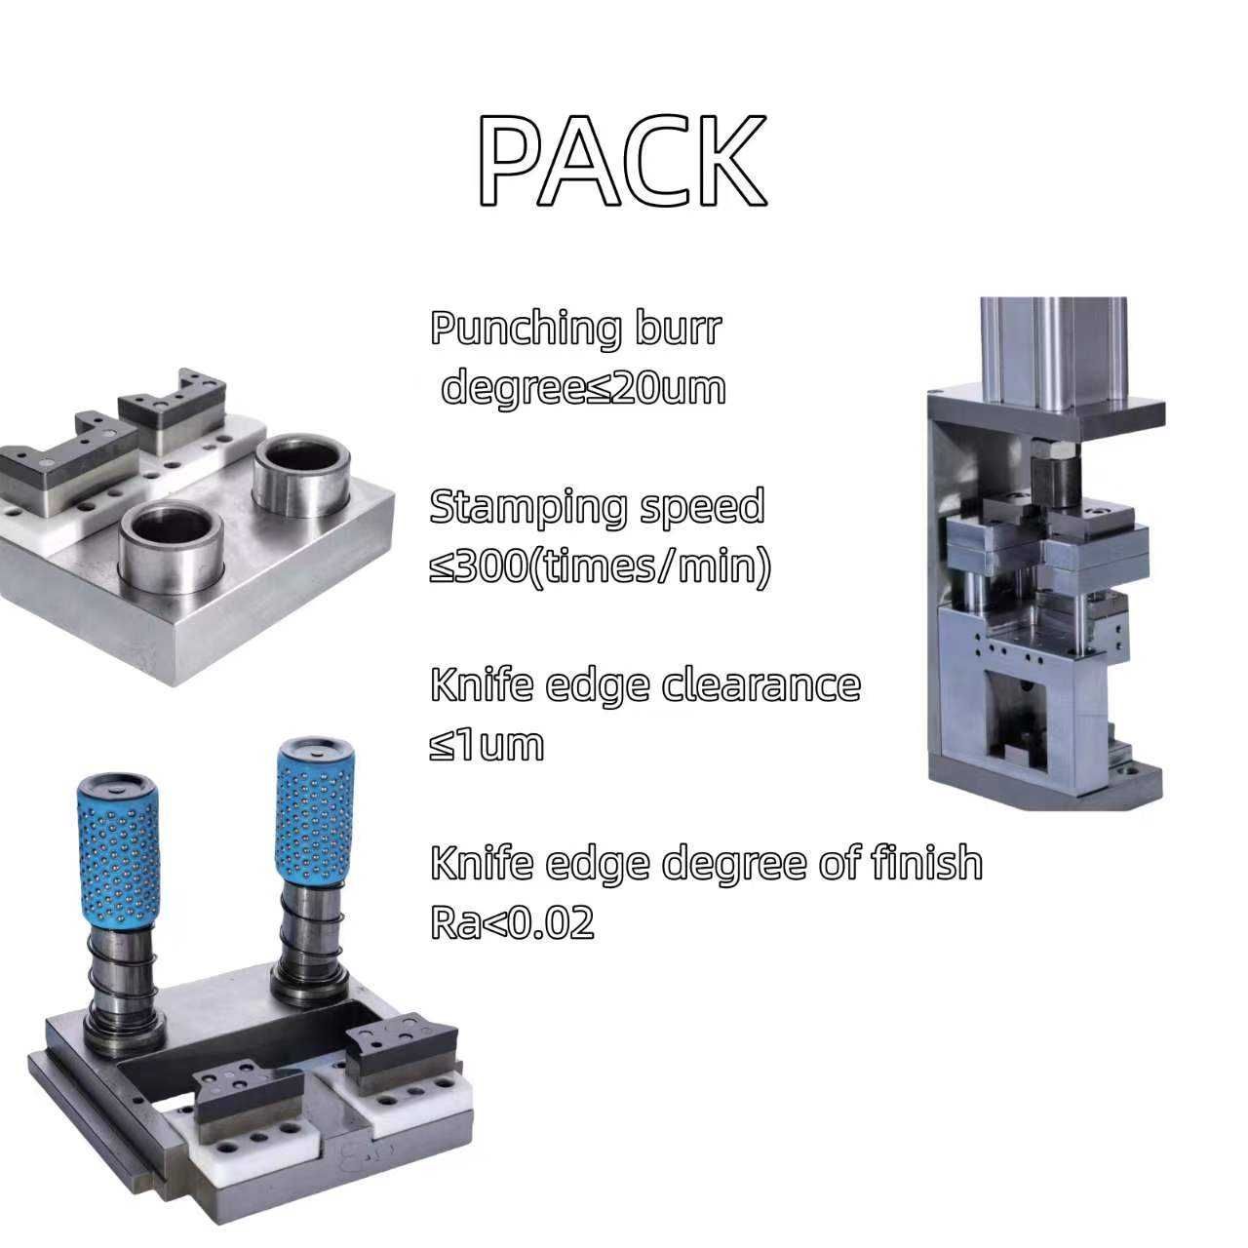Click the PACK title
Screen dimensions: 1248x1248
pos(622,160)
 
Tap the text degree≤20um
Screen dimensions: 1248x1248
pos(583,388)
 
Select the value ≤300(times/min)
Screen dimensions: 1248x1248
pos(600,567)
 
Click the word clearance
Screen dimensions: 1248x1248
pos(760,685)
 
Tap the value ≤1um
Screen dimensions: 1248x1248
pos(487,745)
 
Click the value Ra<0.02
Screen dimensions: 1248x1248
pos(512,922)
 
